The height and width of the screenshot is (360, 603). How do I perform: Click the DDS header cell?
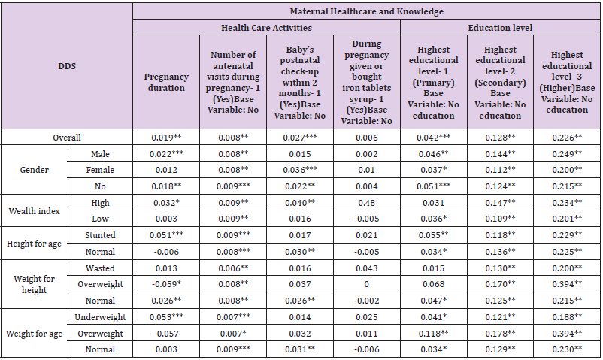(67, 66)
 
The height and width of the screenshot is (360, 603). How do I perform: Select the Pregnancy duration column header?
(165, 83)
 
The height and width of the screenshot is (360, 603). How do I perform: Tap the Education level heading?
(500, 28)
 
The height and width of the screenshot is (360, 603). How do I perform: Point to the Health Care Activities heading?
(267, 28)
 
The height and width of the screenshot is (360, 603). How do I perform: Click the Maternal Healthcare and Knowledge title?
(366, 11)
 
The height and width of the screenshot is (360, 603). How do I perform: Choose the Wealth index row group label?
(34, 210)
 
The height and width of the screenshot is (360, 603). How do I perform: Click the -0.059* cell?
(165, 285)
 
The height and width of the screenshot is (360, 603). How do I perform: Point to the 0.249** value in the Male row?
(568, 154)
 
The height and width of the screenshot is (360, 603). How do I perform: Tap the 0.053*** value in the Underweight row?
(165, 317)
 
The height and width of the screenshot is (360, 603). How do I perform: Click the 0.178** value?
(501, 333)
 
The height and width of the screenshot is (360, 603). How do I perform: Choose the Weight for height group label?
(34, 285)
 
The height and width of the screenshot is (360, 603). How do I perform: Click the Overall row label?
(67, 138)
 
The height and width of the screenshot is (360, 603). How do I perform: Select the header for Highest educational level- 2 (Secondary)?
(501, 83)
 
